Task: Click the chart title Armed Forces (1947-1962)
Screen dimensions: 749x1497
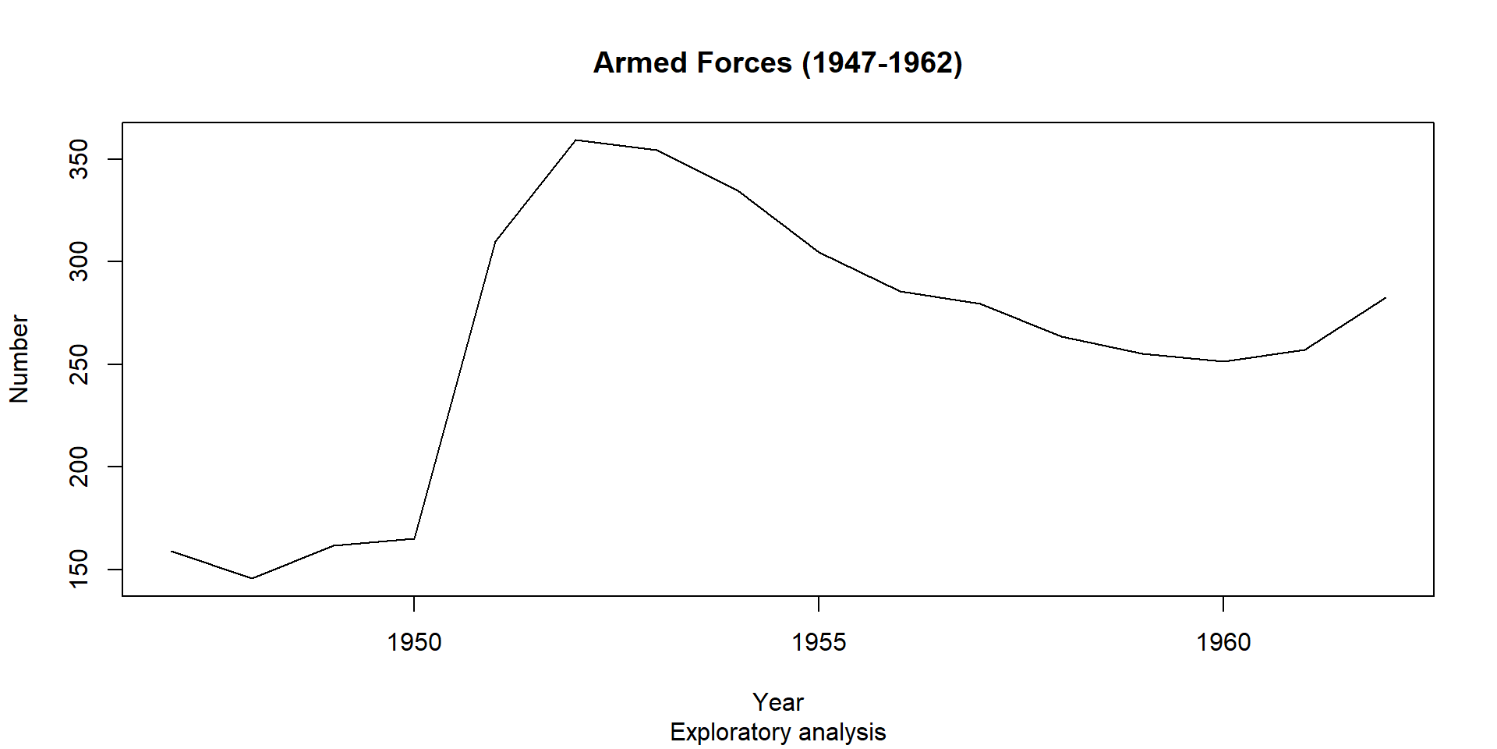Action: tap(777, 63)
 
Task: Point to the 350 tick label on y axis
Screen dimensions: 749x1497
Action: tap(80, 159)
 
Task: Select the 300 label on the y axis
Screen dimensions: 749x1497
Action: tap(80, 261)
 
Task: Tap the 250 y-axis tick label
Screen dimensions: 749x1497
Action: tap(80, 364)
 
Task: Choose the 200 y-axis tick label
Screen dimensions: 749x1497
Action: tap(80, 467)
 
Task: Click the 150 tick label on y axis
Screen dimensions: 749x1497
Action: tap(80, 570)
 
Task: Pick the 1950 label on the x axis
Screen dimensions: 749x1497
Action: tap(414, 642)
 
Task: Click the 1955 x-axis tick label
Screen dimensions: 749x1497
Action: tap(819, 642)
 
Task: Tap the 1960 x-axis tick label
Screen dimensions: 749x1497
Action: tap(1223, 642)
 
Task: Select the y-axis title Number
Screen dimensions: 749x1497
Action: tap(19, 359)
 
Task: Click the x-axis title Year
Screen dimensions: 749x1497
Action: tap(777, 702)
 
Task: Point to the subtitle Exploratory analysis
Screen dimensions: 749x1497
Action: tap(777, 733)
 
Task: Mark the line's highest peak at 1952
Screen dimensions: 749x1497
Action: tap(575, 140)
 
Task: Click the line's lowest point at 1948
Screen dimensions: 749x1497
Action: tap(252, 578)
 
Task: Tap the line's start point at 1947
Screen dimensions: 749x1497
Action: tap(171, 551)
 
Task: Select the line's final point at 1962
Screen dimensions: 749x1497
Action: tap(1386, 297)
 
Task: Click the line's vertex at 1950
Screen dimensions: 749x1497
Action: tap(414, 538)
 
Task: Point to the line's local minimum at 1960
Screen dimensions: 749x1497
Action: tap(1223, 361)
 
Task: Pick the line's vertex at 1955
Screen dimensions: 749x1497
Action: tap(819, 252)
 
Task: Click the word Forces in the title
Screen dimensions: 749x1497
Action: tap(744, 63)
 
